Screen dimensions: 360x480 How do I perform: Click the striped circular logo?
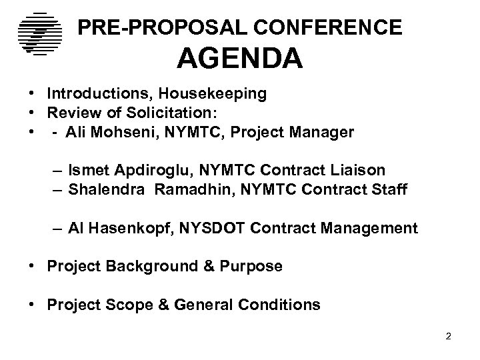(39, 33)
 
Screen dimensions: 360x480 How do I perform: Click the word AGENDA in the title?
(239, 59)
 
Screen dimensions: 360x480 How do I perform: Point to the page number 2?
(449, 335)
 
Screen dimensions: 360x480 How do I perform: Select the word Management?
(369, 229)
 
